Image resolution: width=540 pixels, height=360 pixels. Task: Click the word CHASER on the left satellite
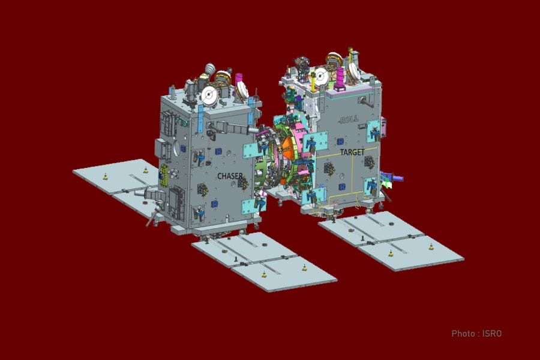coord(230,176)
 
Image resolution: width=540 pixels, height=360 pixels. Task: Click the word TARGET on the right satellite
coord(352,152)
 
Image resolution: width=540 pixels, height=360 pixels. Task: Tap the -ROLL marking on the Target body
coord(349,119)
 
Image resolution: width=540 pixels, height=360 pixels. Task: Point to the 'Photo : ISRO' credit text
coord(476,334)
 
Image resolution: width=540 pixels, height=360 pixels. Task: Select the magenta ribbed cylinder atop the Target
coord(340,79)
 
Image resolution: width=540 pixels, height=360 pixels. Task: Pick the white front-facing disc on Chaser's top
coord(209,95)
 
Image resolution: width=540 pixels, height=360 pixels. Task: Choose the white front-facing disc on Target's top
coord(321,76)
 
